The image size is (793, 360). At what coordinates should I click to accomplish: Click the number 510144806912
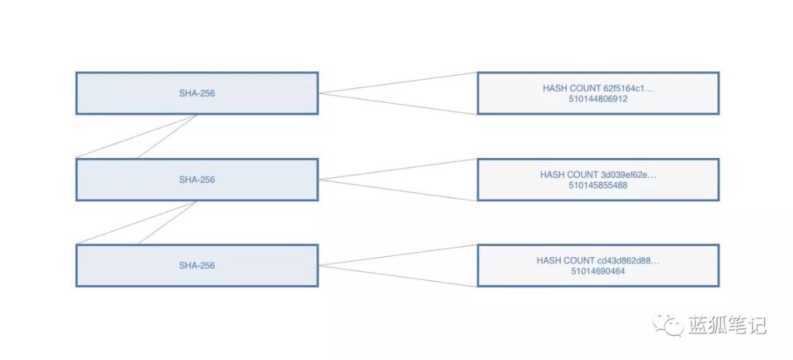598,99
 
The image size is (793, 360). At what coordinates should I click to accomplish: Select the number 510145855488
598,185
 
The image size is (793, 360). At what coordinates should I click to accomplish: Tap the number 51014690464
598,271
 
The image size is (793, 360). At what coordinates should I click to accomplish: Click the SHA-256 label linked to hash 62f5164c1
197,93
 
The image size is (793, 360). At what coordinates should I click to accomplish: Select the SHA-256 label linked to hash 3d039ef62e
197,180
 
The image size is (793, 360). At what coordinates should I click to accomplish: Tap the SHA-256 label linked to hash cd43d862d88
197,266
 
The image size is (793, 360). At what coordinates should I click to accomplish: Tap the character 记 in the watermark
756,325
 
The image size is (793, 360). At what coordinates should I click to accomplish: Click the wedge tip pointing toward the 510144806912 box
319,93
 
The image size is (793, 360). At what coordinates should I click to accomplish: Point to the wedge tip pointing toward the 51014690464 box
319,265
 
